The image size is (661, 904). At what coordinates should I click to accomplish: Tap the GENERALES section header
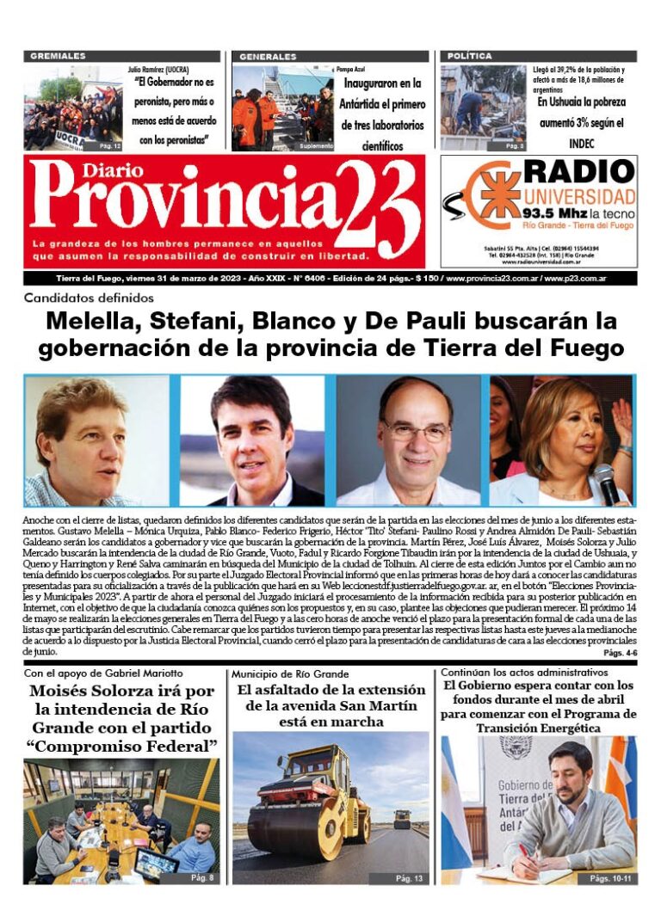click(x=268, y=57)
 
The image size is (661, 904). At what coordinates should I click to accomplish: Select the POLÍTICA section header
click(x=469, y=57)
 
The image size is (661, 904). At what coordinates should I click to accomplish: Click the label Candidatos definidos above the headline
click(x=89, y=298)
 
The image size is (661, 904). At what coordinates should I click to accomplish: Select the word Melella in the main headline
click(x=94, y=322)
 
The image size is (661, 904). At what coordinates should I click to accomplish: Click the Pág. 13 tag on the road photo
click(x=409, y=878)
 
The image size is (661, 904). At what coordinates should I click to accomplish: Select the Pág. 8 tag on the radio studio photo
click(x=201, y=877)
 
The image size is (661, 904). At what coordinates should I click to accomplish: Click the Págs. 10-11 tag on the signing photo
click(x=610, y=878)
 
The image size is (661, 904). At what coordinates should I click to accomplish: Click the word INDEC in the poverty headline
click(x=582, y=143)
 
